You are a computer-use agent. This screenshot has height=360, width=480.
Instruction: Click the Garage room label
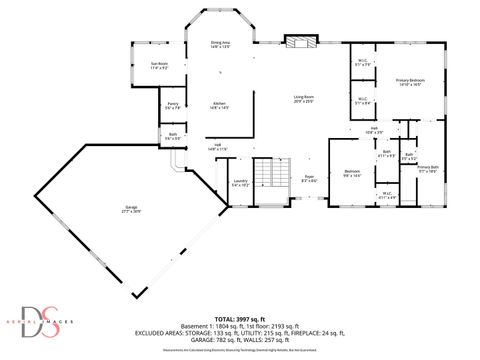click(132, 211)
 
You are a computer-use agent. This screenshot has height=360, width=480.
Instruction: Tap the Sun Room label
click(159, 66)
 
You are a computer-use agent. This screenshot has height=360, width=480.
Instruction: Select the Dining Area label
click(220, 45)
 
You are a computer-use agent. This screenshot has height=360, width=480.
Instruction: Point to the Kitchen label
click(220, 105)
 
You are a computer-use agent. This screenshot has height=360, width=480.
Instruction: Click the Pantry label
click(172, 105)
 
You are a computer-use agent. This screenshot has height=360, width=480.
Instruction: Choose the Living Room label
click(303, 99)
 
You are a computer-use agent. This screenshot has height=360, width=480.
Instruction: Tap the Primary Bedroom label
click(409, 82)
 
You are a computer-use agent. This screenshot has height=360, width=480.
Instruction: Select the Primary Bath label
click(428, 169)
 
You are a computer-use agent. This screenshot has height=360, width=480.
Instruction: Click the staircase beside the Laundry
click(264, 178)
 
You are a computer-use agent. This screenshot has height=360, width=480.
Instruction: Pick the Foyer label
click(311, 179)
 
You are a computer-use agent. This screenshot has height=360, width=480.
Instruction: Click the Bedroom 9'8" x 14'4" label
click(352, 173)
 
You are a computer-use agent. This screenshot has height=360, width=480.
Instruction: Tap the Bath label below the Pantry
click(172, 136)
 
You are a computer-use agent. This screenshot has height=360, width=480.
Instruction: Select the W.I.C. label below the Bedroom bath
click(386, 196)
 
